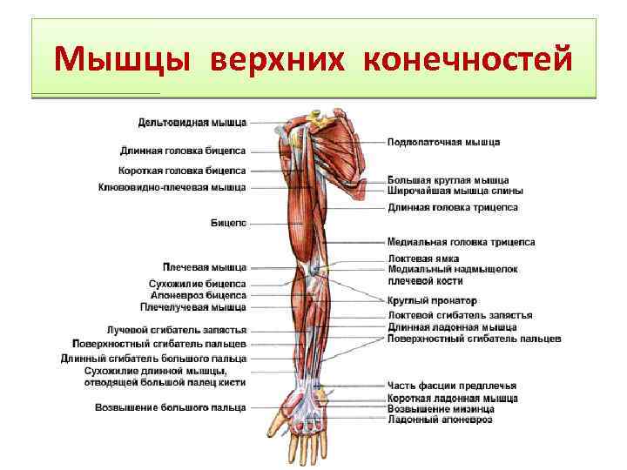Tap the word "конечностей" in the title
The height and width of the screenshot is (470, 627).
click(468, 60)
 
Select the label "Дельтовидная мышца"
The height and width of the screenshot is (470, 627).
click(192, 122)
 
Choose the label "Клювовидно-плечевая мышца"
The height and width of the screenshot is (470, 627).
click(172, 187)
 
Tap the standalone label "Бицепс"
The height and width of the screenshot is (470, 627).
click(229, 224)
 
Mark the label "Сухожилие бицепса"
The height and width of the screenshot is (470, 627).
click(198, 284)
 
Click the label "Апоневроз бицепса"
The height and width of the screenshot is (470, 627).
click(198, 295)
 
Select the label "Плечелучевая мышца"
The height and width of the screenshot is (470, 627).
click(192, 306)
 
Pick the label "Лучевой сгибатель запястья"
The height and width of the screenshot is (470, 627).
click(177, 331)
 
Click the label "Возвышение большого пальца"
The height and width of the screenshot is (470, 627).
click(171, 406)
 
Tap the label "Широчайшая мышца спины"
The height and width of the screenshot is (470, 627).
click(455, 191)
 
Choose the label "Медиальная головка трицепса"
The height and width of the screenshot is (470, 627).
click(462, 242)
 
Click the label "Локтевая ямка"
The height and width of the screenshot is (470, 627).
click(423, 258)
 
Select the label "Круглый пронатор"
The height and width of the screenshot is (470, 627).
click(432, 300)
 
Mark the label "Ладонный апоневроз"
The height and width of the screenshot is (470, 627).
click(440, 420)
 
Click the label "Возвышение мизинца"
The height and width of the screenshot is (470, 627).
click(442, 409)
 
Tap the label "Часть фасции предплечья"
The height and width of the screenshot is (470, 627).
click(452, 386)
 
